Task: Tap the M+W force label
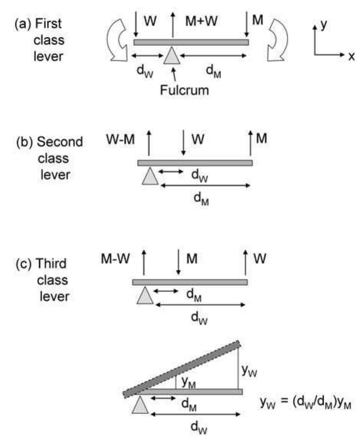[202, 21]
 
